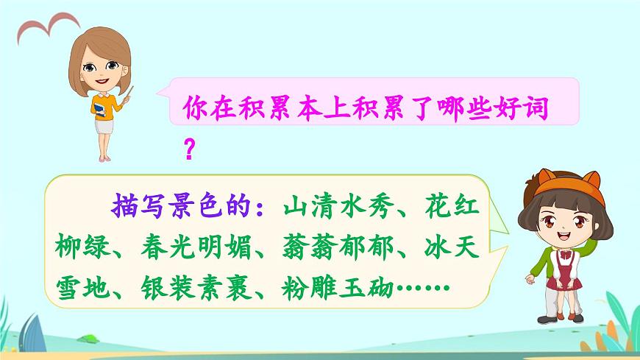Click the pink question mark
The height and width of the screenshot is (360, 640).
click(x=188, y=149)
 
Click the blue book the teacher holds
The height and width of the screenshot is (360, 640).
click(x=99, y=110)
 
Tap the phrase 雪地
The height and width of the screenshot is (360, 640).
click(x=76, y=285)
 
